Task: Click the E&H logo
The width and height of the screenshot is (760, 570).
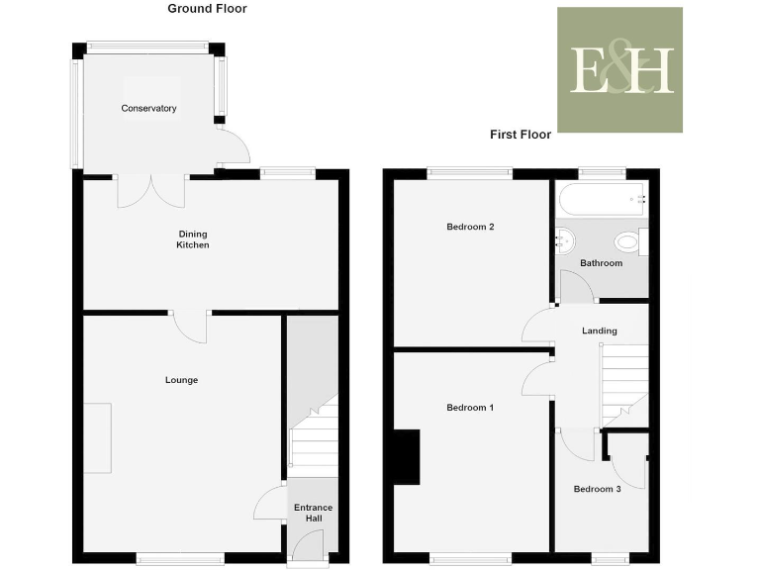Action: click(x=619, y=70)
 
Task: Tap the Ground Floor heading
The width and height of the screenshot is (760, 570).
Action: click(x=207, y=9)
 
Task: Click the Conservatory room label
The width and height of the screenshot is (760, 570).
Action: click(x=148, y=108)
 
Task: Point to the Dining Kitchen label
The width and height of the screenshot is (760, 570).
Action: click(x=193, y=239)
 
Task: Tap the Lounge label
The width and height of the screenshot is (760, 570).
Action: click(x=181, y=380)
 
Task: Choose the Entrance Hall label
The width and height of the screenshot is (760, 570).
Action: click(x=313, y=513)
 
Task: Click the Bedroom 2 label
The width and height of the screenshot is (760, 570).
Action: click(x=470, y=227)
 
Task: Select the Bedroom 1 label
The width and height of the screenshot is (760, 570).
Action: click(x=470, y=408)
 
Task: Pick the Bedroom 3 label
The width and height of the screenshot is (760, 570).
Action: click(x=597, y=489)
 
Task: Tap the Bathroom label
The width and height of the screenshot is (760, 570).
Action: click(x=601, y=263)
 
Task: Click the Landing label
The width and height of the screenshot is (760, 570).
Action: click(x=600, y=331)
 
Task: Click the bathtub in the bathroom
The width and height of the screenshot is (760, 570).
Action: click(x=602, y=200)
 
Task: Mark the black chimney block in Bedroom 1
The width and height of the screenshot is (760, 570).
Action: click(x=407, y=457)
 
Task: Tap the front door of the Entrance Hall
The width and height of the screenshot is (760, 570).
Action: click(x=308, y=546)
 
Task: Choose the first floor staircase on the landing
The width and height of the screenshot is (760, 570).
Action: click(x=623, y=380)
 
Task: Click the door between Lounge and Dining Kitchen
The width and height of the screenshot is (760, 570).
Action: click(x=191, y=326)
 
